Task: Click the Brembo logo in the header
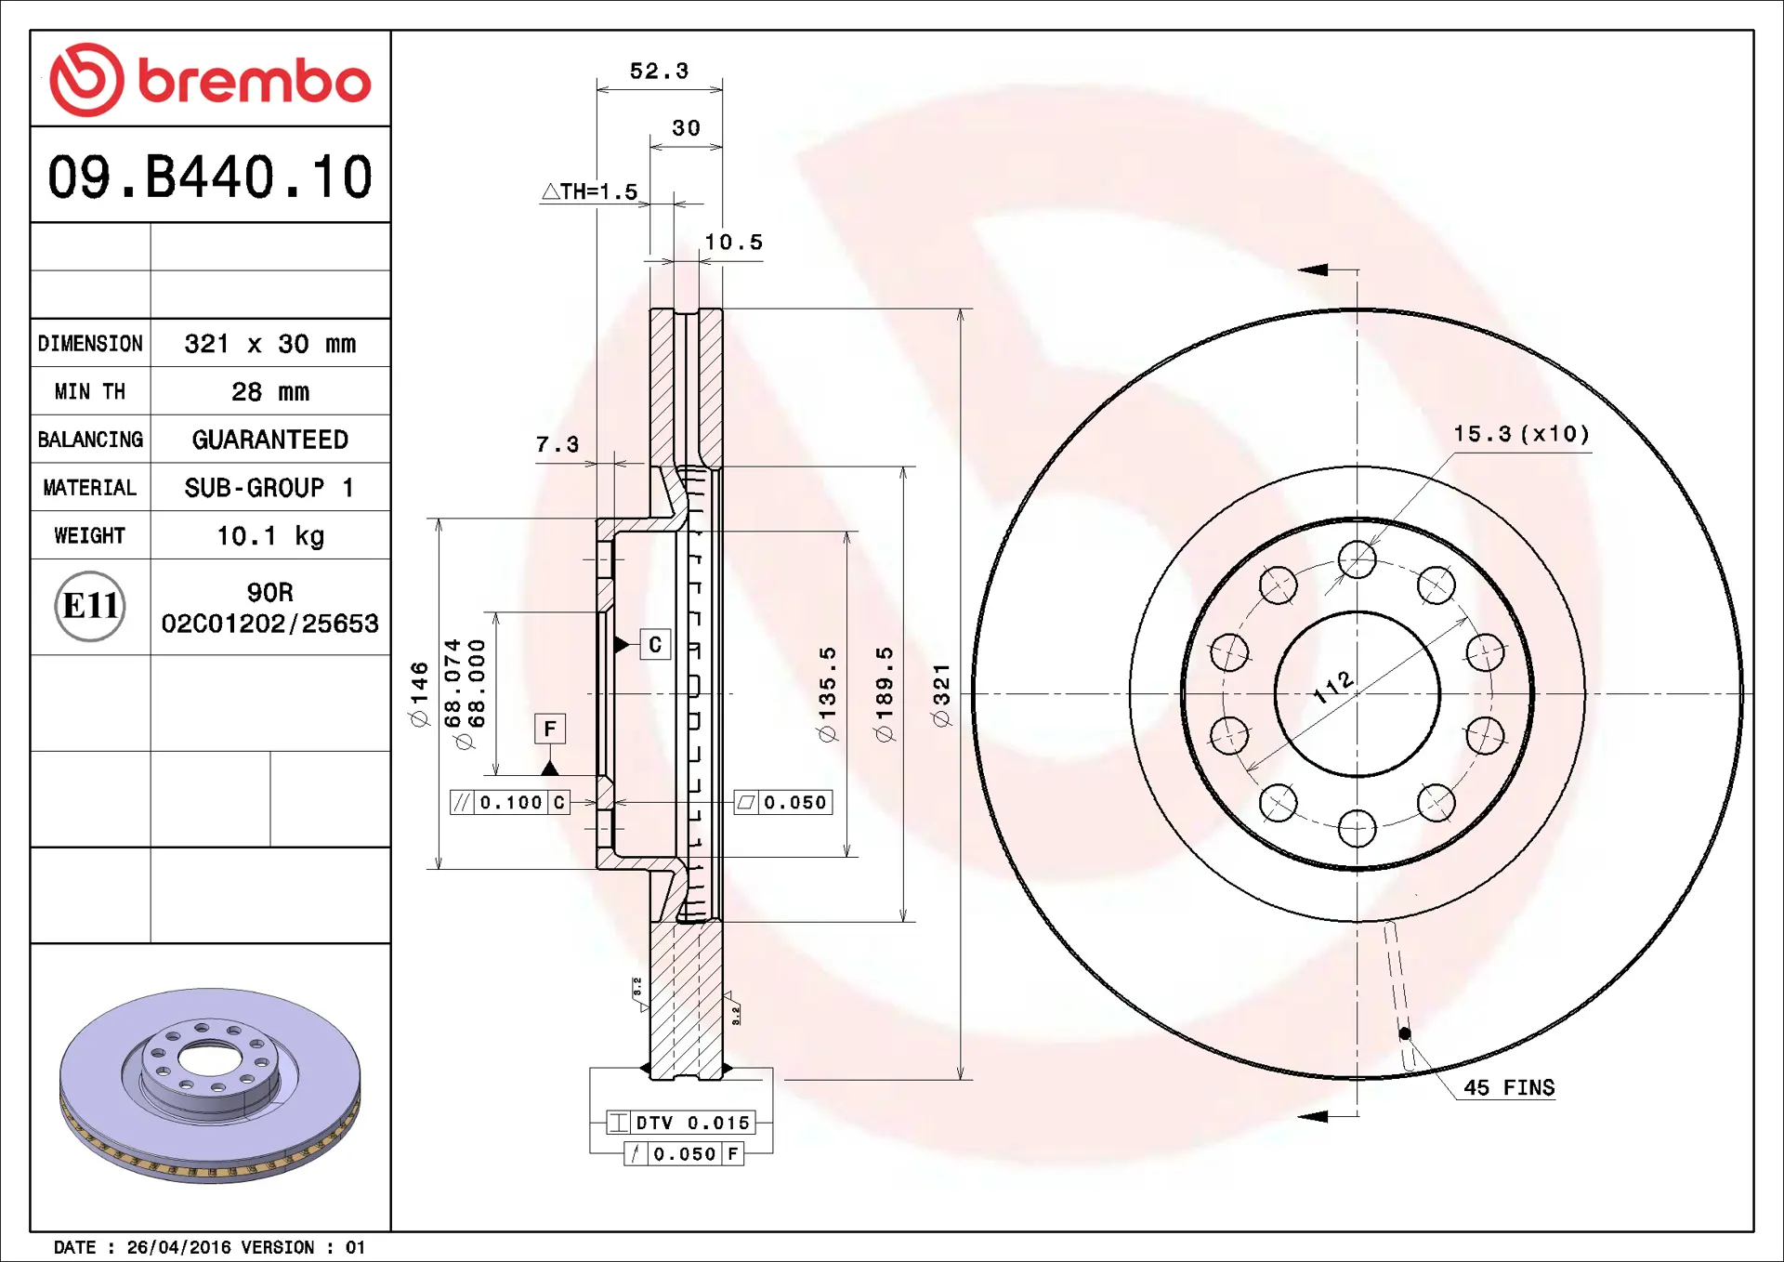pyautogui.click(x=210, y=80)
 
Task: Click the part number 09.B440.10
pyautogui.click(x=210, y=177)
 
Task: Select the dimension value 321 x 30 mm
pyautogui.click(x=269, y=344)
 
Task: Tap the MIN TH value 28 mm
pyautogui.click(x=269, y=392)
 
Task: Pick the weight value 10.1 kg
pyautogui.click(x=269, y=536)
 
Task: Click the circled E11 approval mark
pyautogui.click(x=90, y=606)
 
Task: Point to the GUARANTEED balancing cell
pyautogui.click(x=269, y=440)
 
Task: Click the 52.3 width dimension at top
pyautogui.click(x=659, y=72)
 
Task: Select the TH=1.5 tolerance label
pyautogui.click(x=591, y=192)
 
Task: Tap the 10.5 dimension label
pyautogui.click(x=733, y=243)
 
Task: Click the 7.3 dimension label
pyautogui.click(x=557, y=445)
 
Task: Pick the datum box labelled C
pyautogui.click(x=655, y=645)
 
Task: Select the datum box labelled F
pyautogui.click(x=550, y=729)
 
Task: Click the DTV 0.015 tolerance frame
pyautogui.click(x=681, y=1123)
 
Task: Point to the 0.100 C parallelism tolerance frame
pyautogui.click(x=510, y=803)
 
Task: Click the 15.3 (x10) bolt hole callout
pyautogui.click(x=1521, y=434)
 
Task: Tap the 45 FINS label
pyautogui.click(x=1508, y=1087)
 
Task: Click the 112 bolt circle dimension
pyautogui.click(x=1334, y=687)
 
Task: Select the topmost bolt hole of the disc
pyautogui.click(x=1358, y=559)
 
